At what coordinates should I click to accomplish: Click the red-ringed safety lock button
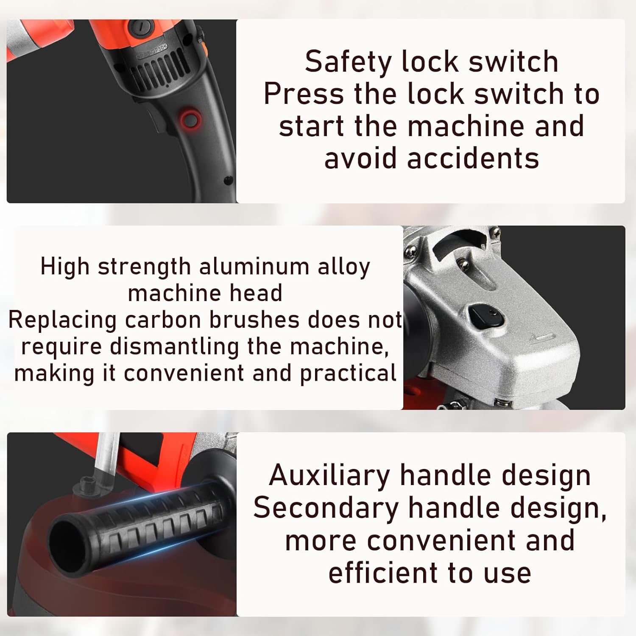pyautogui.click(x=190, y=120)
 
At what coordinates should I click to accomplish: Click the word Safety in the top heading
pyautogui.click(x=348, y=62)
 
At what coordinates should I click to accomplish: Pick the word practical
pyautogui.click(x=348, y=374)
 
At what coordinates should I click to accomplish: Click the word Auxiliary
pyautogui.click(x=329, y=475)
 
